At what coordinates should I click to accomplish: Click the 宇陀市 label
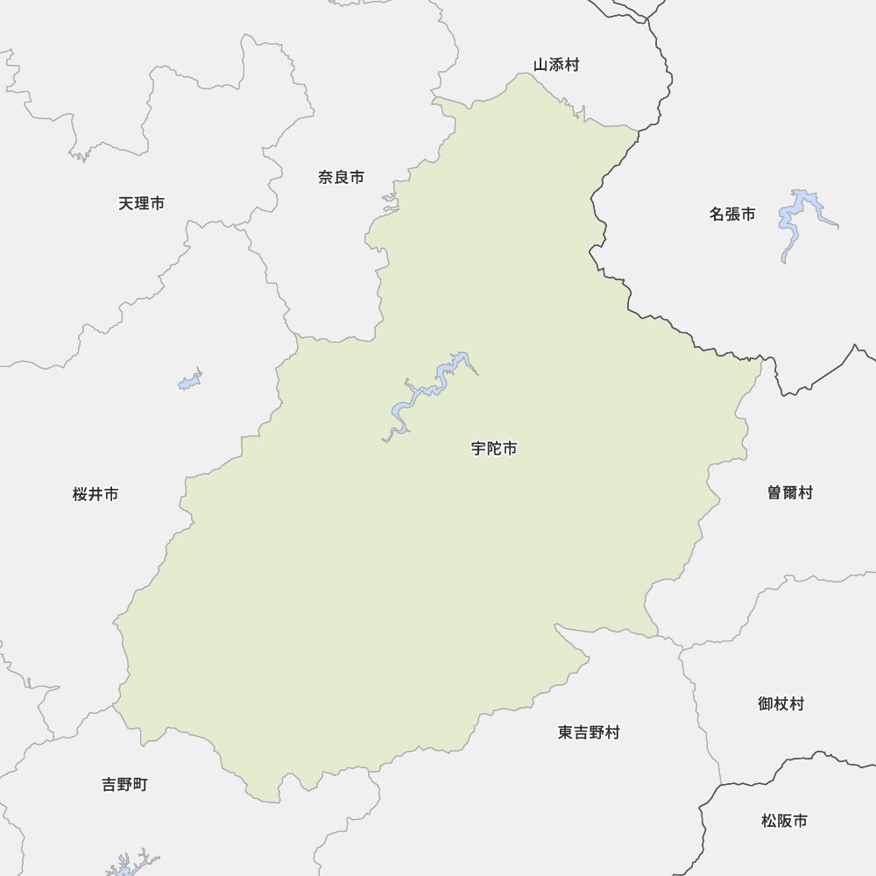494,449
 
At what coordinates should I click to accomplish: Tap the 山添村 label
556,65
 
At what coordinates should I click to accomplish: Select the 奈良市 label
341,177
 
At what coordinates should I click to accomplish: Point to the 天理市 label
141,203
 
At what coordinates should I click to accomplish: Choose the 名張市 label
732,214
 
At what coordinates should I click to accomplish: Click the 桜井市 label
95,494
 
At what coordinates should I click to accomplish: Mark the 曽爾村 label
789,492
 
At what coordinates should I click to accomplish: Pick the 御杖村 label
781,703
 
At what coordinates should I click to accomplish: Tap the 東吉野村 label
589,732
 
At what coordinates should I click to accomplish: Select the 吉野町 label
124,784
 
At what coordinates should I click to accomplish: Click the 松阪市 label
784,821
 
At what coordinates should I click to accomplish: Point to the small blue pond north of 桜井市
190,381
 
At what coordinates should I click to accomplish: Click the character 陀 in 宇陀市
494,449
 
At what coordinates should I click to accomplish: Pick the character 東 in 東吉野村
565,732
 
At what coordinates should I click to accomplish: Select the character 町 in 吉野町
140,784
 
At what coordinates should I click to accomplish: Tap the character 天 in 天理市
126,203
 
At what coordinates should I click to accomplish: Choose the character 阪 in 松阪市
784,821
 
